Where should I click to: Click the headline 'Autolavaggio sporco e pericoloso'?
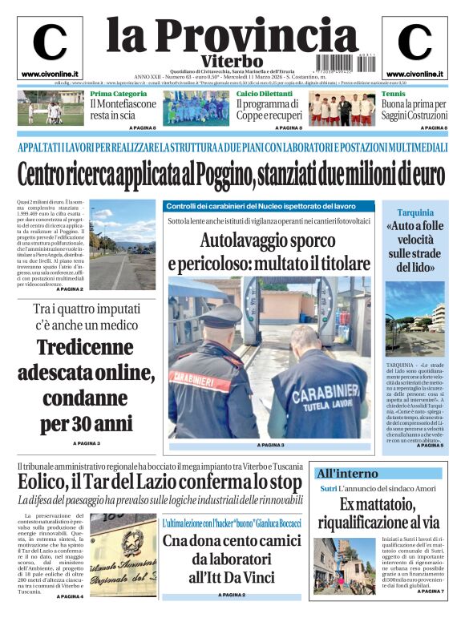pos(269,252)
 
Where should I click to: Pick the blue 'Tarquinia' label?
pos(414,214)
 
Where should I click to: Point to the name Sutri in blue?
pos(329,489)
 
